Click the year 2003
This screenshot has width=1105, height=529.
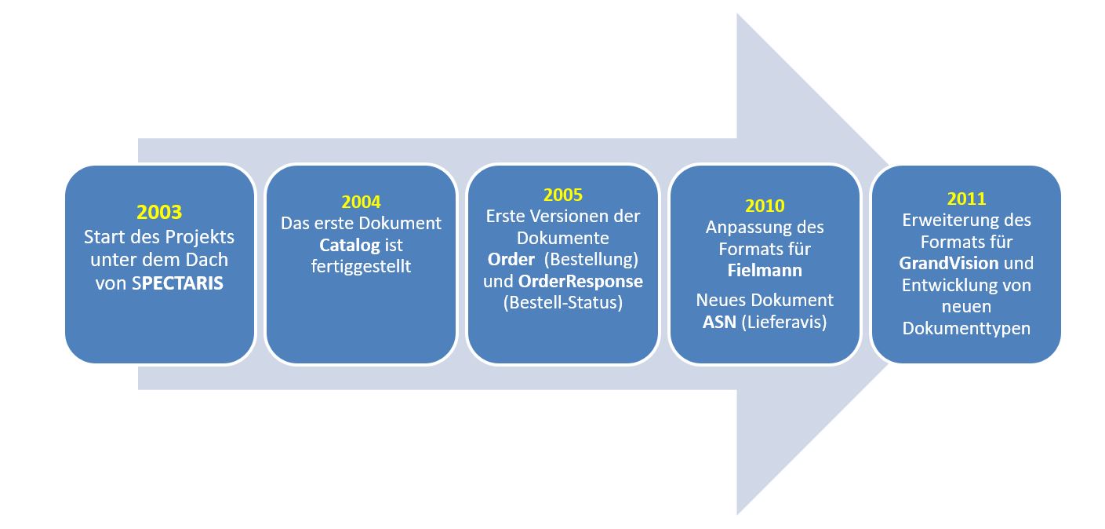pyautogui.click(x=159, y=212)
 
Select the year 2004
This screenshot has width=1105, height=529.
pyautogui.click(x=361, y=202)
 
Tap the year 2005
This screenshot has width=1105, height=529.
pyautogui.click(x=562, y=195)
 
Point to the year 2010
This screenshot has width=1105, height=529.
pyautogui.click(x=764, y=206)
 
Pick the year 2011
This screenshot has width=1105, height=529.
pyautogui.click(x=966, y=199)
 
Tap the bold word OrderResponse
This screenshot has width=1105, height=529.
pyautogui.click(x=580, y=281)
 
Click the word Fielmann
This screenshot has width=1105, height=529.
pyautogui.click(x=764, y=270)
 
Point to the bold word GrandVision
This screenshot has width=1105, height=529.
pyautogui.click(x=948, y=263)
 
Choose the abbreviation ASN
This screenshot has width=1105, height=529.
pyautogui.click(x=720, y=322)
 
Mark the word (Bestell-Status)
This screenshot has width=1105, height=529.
pyautogui.click(x=562, y=302)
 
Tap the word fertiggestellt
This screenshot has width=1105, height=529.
pyautogui.click(x=361, y=267)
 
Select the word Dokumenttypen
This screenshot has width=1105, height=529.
pyautogui.click(x=966, y=329)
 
